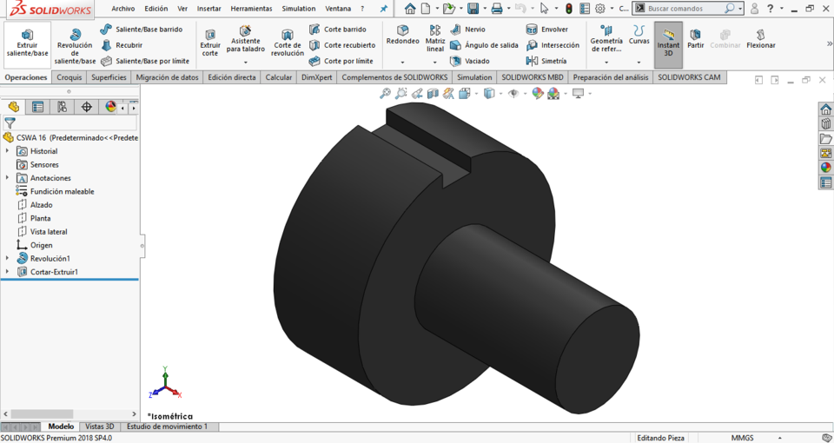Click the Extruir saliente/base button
[x=27, y=43]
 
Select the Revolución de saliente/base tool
[x=75, y=45]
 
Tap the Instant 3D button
[x=668, y=43]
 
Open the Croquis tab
[x=69, y=77]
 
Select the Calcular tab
[x=279, y=77]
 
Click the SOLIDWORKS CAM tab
[x=689, y=77]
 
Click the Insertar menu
[x=208, y=9]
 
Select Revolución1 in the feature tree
[x=50, y=259]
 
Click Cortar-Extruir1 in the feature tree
[x=54, y=272]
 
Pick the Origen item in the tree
[x=41, y=245]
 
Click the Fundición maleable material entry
[x=62, y=191]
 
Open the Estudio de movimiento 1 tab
[x=167, y=426]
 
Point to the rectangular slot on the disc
[x=427, y=139]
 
